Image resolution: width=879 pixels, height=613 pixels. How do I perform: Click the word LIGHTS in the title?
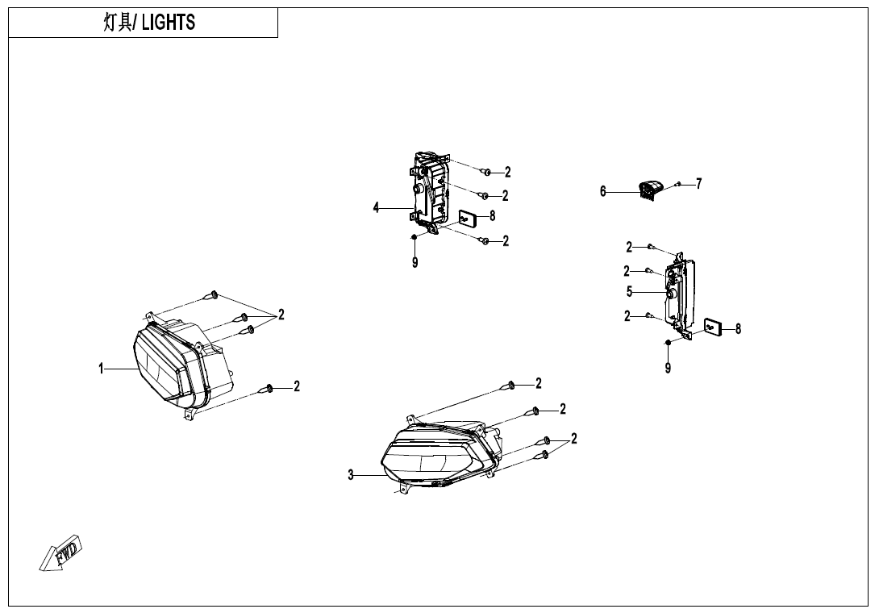click(x=169, y=23)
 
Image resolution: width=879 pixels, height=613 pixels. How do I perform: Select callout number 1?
click(x=102, y=369)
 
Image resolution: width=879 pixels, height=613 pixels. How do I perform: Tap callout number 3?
click(x=351, y=476)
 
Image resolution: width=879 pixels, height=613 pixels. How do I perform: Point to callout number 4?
click(x=376, y=208)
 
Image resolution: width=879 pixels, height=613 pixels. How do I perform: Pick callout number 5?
click(x=630, y=292)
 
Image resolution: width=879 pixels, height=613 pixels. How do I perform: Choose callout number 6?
click(x=603, y=192)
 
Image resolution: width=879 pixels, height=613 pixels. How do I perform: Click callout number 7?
click(x=699, y=184)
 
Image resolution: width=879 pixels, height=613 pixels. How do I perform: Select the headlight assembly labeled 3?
click(x=439, y=456)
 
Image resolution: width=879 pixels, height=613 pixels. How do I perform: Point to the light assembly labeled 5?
click(x=680, y=294)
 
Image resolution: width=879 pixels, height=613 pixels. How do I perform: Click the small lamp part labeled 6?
click(x=648, y=190)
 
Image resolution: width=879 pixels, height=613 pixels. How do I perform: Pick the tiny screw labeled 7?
click(x=679, y=185)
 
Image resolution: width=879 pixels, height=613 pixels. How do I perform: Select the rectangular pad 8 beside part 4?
click(x=467, y=217)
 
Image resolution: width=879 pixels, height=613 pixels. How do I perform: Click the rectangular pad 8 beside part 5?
click(x=713, y=327)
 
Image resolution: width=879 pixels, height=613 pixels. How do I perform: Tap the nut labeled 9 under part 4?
click(x=414, y=236)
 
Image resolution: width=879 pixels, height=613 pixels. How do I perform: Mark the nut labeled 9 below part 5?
click(x=669, y=344)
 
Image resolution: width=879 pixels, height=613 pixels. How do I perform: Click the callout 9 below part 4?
click(x=415, y=262)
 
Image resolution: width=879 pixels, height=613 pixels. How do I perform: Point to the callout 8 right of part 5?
click(x=738, y=328)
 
